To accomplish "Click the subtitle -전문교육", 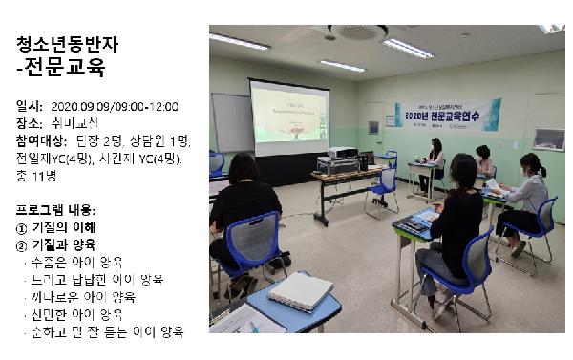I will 60,69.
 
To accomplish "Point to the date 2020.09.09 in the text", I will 83,107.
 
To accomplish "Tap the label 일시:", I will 30,107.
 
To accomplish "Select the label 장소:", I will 30,123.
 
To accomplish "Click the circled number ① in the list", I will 22,227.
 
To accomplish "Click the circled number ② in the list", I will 22,244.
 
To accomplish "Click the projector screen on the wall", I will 288,117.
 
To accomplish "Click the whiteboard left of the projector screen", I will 231,121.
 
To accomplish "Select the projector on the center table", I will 341,152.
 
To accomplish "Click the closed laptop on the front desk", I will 299,291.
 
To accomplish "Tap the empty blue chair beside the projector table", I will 386,187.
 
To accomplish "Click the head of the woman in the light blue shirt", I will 530,163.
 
